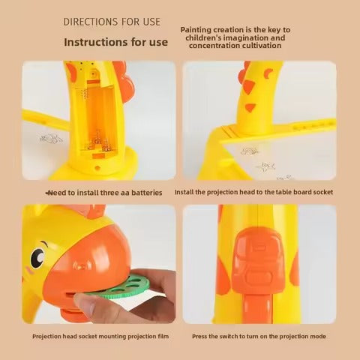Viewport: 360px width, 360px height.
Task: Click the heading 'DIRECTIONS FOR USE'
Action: (112, 22)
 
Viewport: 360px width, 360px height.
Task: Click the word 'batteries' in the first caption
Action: (147, 193)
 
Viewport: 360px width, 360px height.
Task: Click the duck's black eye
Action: (37, 258)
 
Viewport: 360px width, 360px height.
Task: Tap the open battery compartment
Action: (98, 120)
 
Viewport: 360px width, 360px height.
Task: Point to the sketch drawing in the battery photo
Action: (52, 139)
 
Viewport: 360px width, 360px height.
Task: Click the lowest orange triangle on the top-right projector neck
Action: (250, 107)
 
